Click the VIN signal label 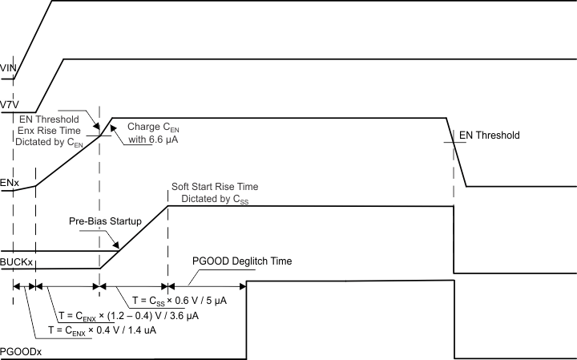point(9,70)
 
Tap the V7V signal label point(9,104)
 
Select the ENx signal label point(10,183)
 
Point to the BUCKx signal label point(17,261)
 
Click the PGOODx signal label point(21,350)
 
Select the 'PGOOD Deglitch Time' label point(242,261)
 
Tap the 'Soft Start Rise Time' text point(215,187)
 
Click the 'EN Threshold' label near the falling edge point(489,136)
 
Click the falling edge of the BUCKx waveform point(454,241)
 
